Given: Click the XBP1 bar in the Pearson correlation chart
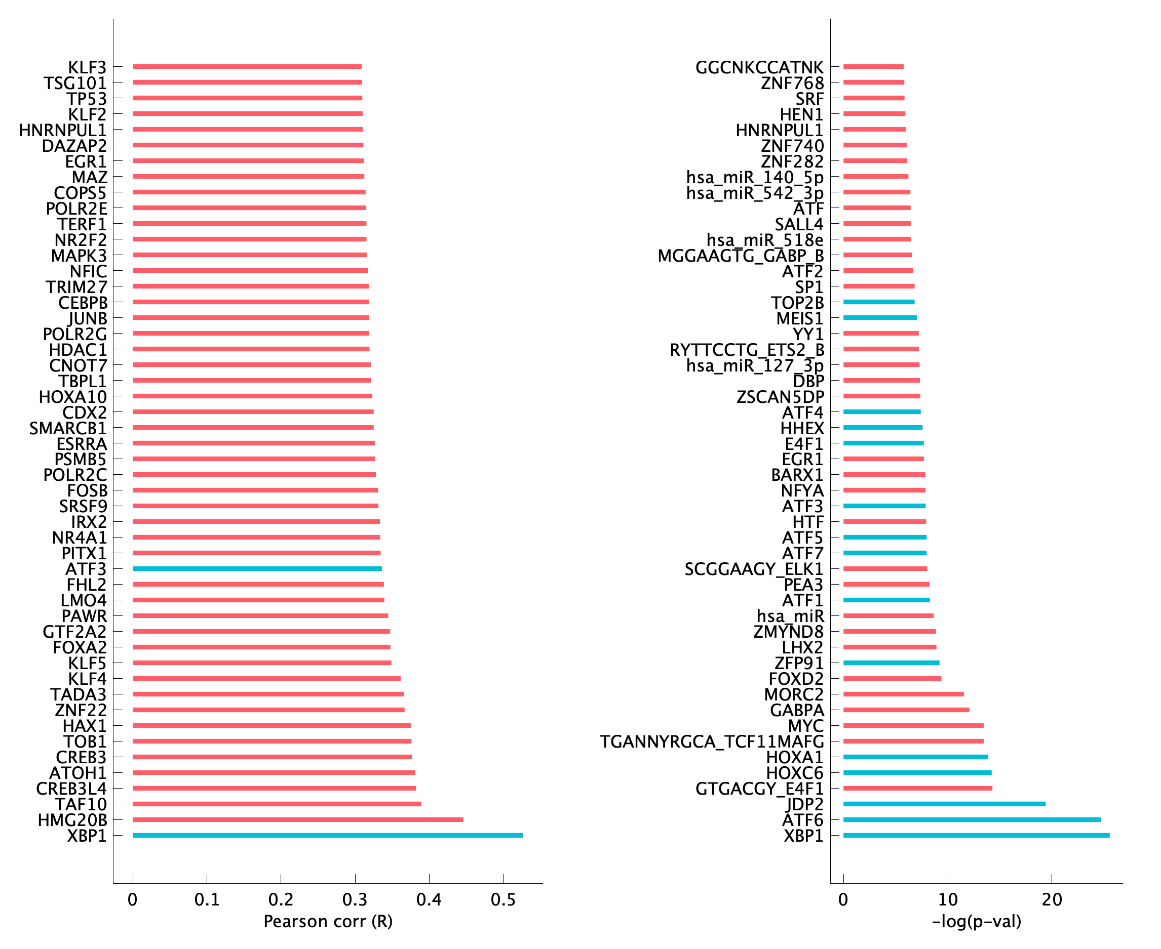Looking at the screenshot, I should [x=327, y=835].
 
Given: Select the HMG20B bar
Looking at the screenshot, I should [x=298, y=819].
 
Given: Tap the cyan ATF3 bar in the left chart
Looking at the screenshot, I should [x=257, y=568].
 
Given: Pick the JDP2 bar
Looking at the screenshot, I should [x=944, y=804].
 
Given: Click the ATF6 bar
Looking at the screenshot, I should [x=972, y=819].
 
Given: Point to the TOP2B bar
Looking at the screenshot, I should [x=879, y=302].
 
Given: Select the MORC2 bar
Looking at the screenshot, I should [x=903, y=694].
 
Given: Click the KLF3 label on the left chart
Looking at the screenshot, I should [x=87, y=67].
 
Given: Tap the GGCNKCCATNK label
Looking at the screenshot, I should [x=759, y=67].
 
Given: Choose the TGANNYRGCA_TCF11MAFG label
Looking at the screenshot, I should [x=711, y=742].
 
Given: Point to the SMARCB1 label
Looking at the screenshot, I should [x=68, y=428].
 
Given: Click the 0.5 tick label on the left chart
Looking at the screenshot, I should [x=503, y=899].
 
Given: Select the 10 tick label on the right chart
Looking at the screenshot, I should [x=948, y=899].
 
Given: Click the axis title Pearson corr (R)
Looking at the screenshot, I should [x=328, y=922].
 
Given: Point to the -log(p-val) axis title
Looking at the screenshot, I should [x=976, y=922].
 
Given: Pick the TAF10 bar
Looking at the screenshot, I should [x=277, y=804].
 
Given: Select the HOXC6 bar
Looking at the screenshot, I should [x=917, y=772].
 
